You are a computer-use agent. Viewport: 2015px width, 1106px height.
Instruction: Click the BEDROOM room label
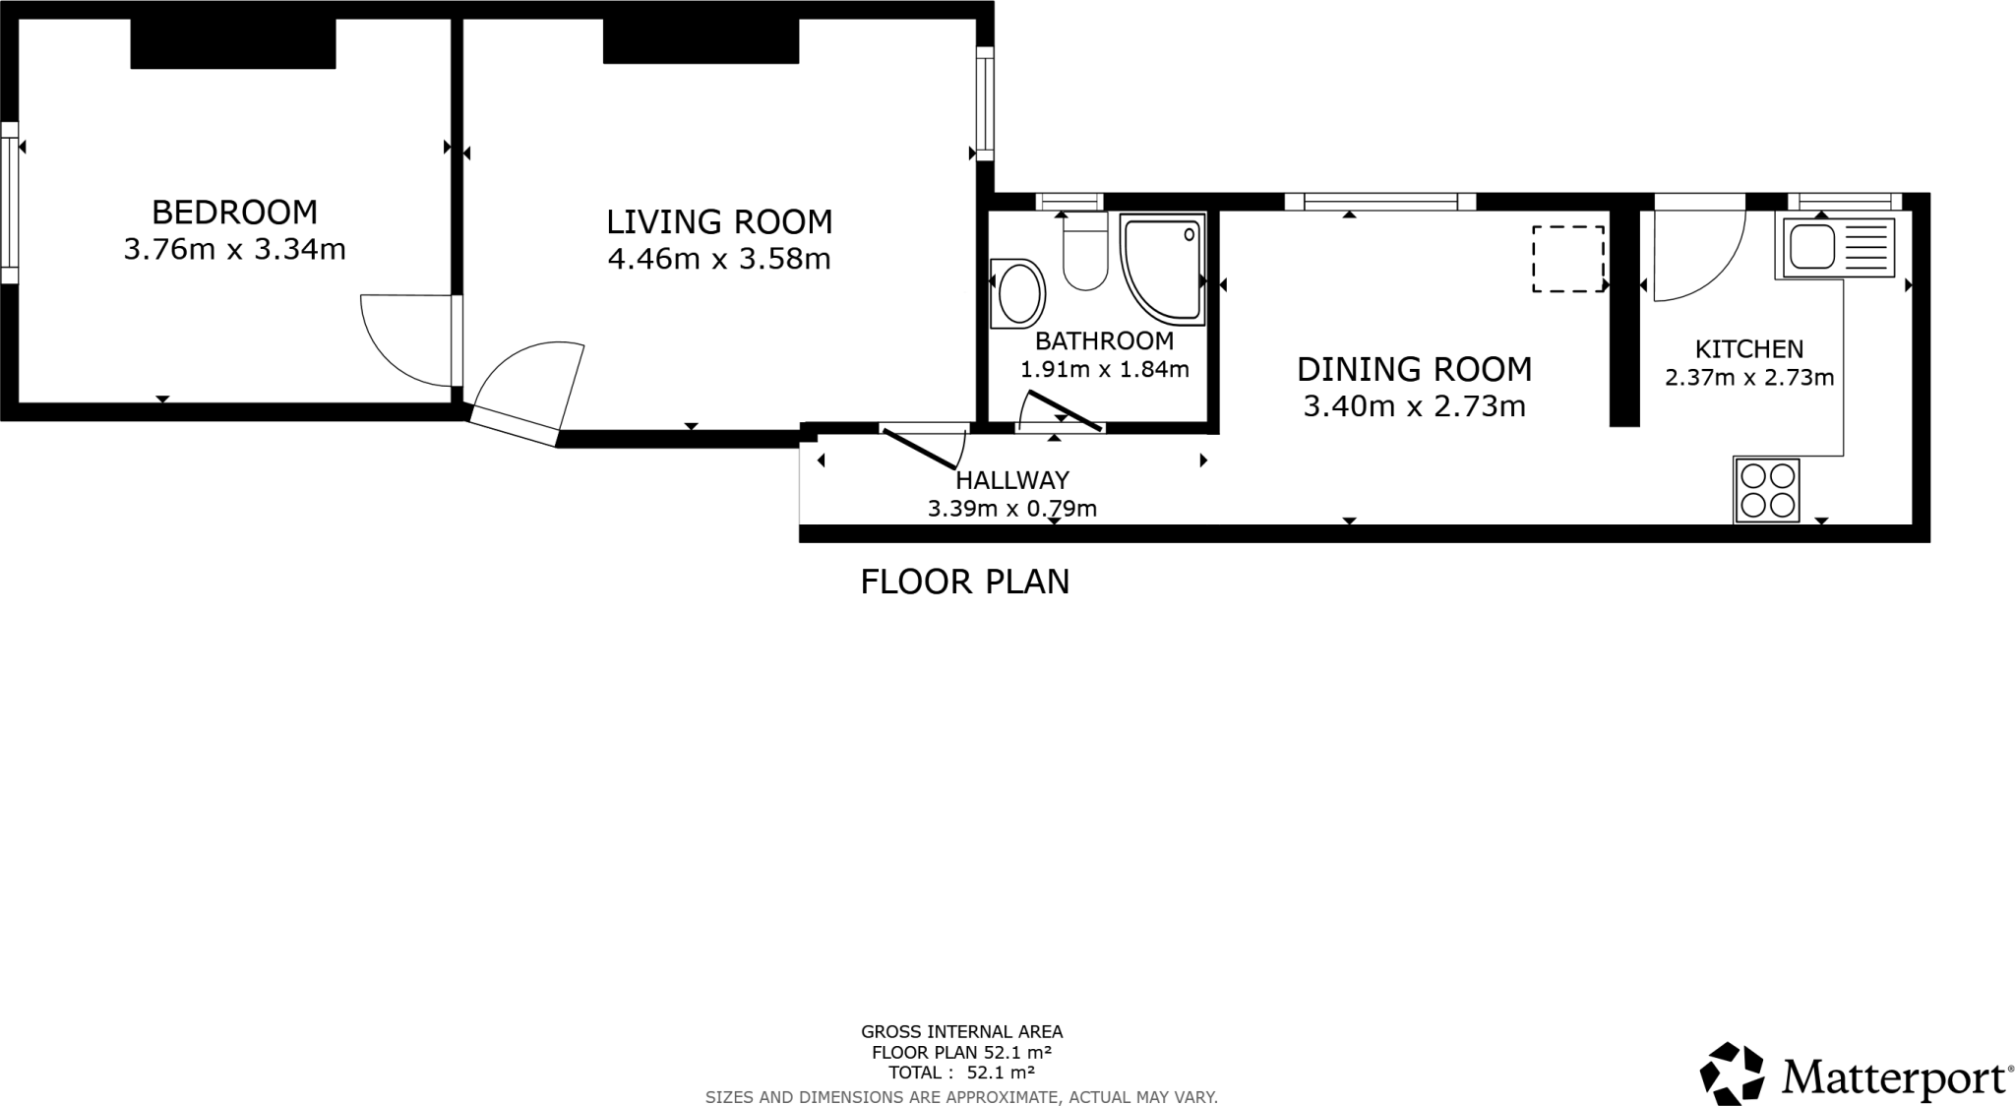point(234,212)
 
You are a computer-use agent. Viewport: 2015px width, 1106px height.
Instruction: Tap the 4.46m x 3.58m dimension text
point(719,259)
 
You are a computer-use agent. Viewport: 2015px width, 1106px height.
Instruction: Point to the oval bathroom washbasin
point(1018,293)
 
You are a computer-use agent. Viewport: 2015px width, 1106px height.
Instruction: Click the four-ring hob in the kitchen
point(1767,490)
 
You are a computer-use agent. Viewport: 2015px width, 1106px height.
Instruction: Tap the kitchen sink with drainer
point(1837,247)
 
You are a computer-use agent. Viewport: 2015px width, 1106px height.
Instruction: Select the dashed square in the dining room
point(1567,259)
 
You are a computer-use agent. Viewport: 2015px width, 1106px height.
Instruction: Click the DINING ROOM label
point(1414,369)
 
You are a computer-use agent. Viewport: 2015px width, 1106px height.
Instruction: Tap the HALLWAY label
point(1012,480)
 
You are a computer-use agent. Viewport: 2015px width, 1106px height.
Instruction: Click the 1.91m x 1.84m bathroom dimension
point(1104,370)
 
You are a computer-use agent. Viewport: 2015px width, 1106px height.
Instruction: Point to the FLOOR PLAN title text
point(964,582)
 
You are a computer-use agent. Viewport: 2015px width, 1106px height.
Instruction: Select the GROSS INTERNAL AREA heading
point(961,1032)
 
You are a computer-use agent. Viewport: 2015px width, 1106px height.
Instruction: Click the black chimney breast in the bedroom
point(233,43)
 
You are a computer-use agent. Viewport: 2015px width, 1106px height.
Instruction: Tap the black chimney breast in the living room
point(701,41)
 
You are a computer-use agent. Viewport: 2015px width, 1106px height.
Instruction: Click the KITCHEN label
point(1748,348)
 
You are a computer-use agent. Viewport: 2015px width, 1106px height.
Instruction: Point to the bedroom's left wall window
point(9,202)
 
